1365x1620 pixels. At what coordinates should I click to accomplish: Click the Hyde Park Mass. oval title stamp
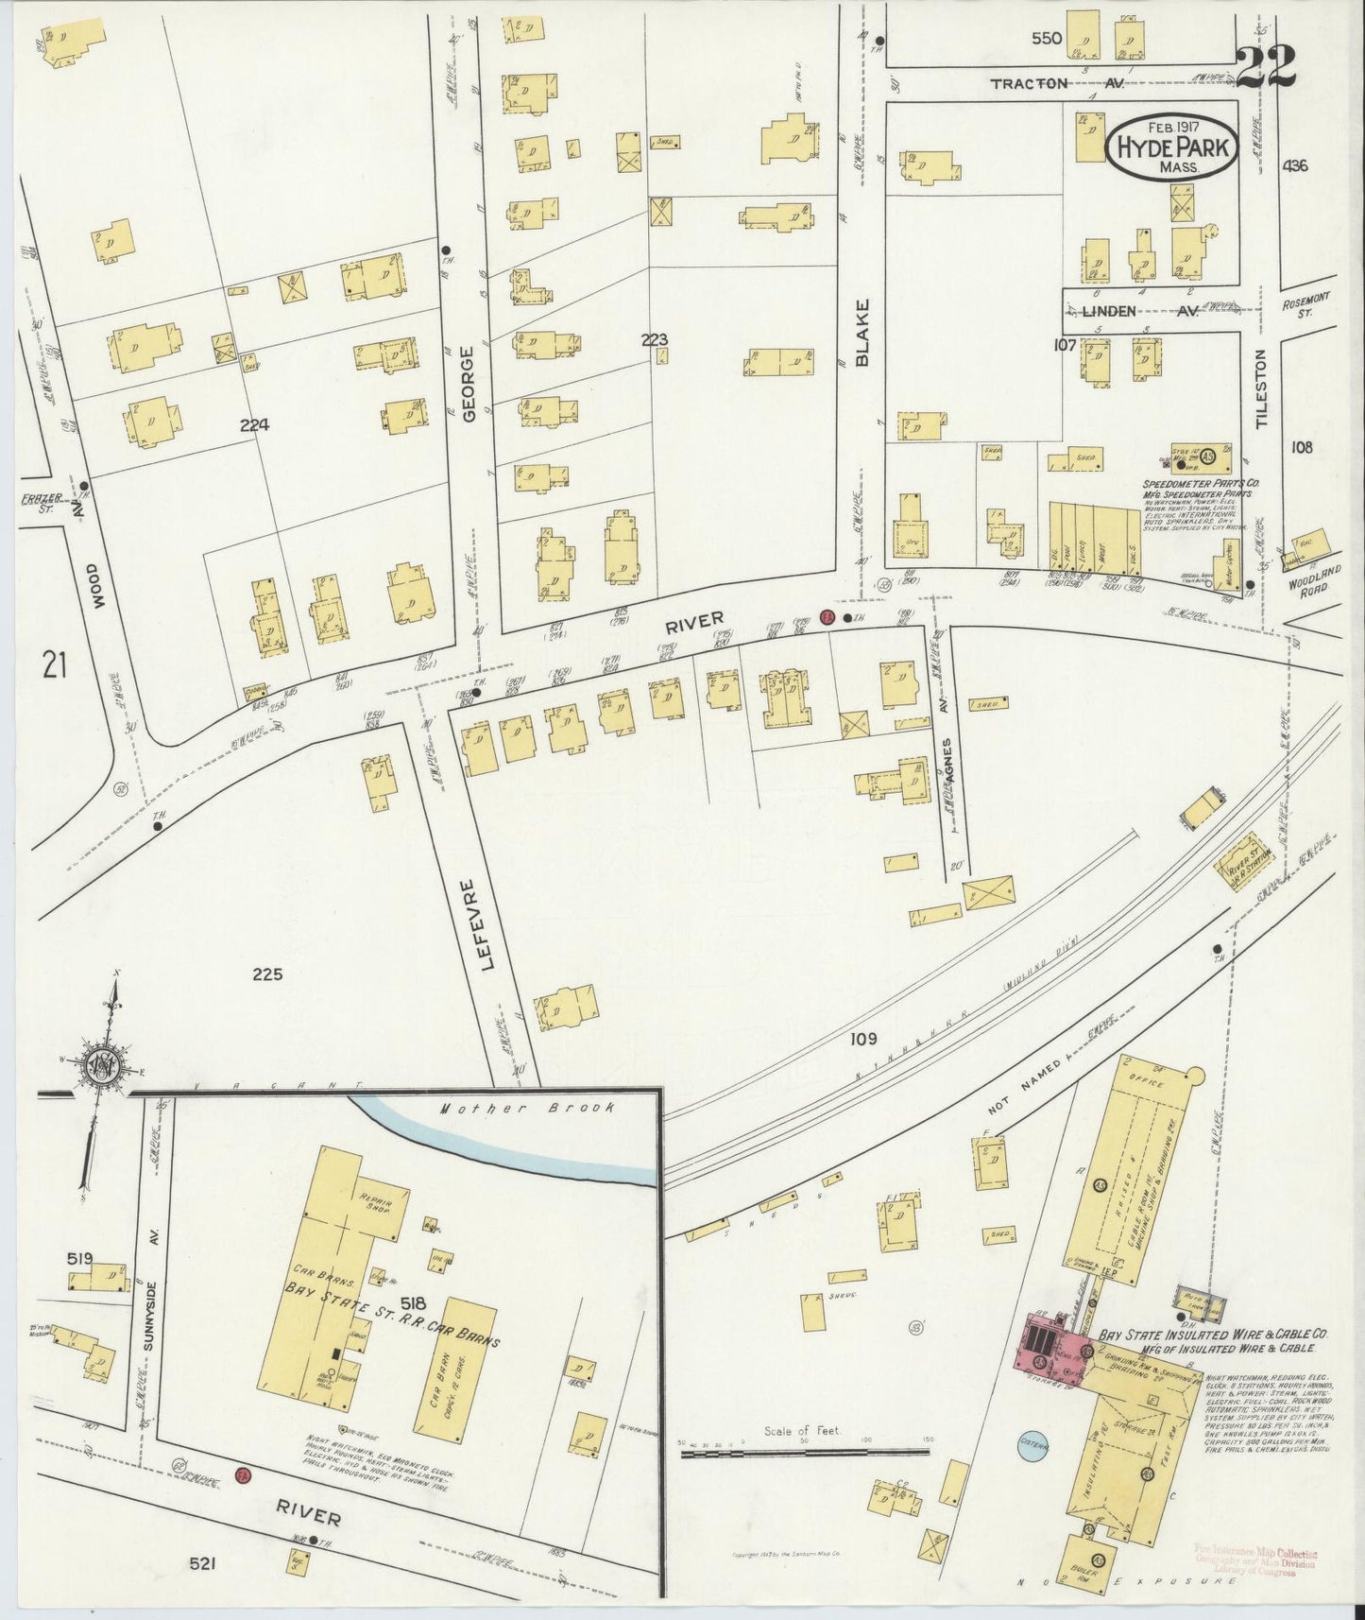coord(1171,148)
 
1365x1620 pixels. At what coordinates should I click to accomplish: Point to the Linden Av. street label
coord(1139,311)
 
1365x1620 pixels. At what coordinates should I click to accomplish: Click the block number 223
coord(654,339)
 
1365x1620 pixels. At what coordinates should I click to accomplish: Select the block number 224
coord(254,425)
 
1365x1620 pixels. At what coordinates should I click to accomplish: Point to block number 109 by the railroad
coord(862,1039)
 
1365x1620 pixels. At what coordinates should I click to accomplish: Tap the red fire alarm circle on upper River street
coord(827,616)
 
